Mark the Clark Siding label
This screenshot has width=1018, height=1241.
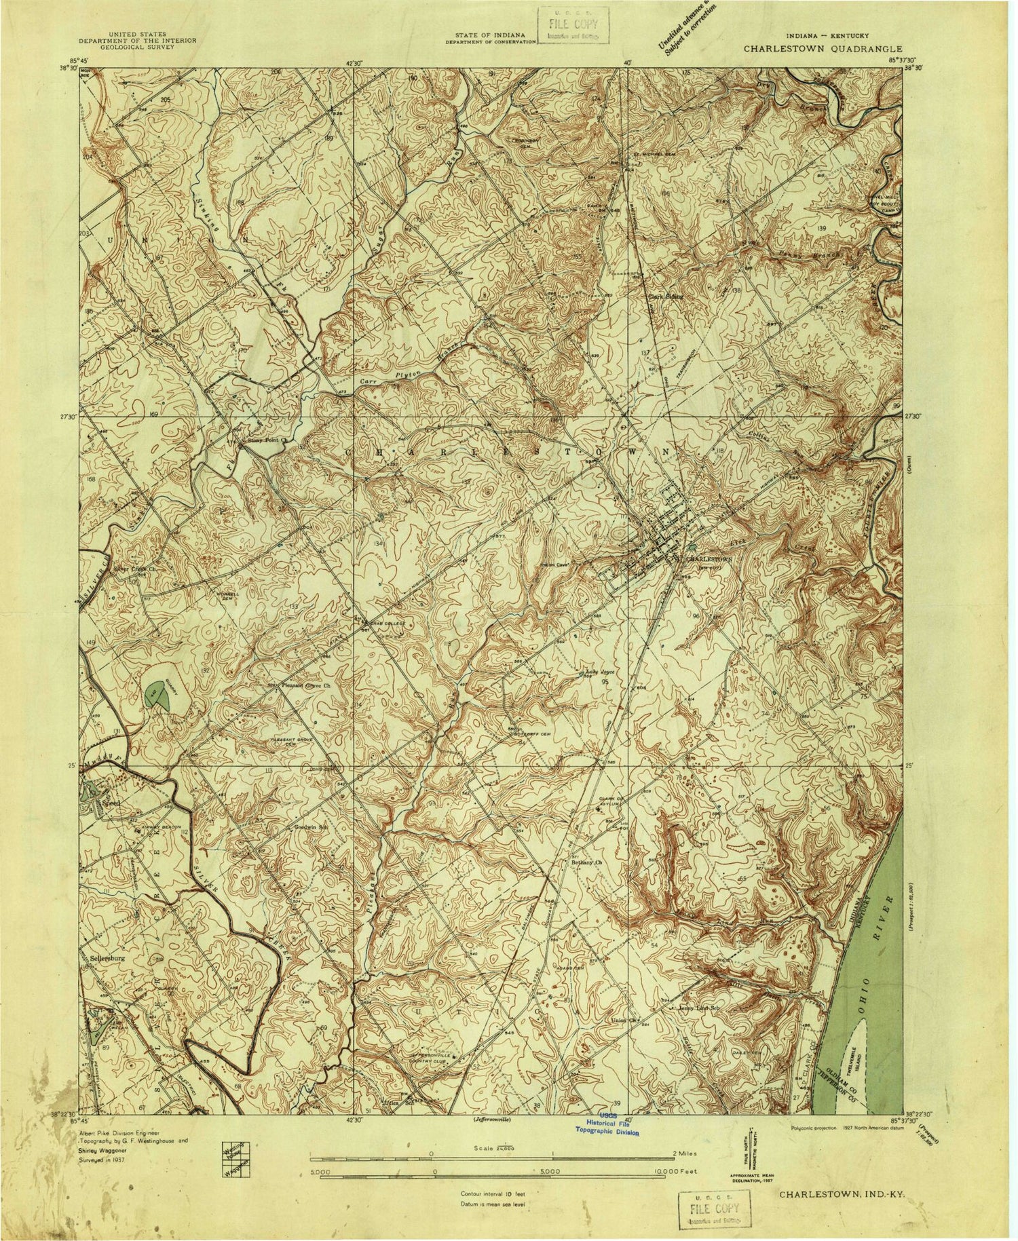tap(664, 297)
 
